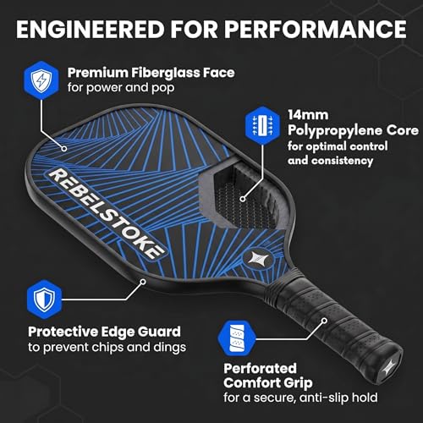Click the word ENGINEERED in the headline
click(x=91, y=29)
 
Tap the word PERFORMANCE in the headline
click(x=316, y=29)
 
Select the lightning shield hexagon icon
click(x=41, y=80)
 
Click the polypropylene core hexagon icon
click(x=262, y=125)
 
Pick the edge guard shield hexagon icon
click(x=44, y=299)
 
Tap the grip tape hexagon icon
click(x=237, y=338)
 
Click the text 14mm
click(x=308, y=115)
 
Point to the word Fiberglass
click(x=165, y=73)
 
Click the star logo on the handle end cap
click(x=391, y=367)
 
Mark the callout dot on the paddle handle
click(x=324, y=321)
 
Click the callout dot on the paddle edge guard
click(x=143, y=282)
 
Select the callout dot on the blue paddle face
click(x=64, y=148)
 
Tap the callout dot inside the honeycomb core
click(x=243, y=199)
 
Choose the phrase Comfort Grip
click(x=268, y=383)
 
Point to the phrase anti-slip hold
click(x=338, y=398)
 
